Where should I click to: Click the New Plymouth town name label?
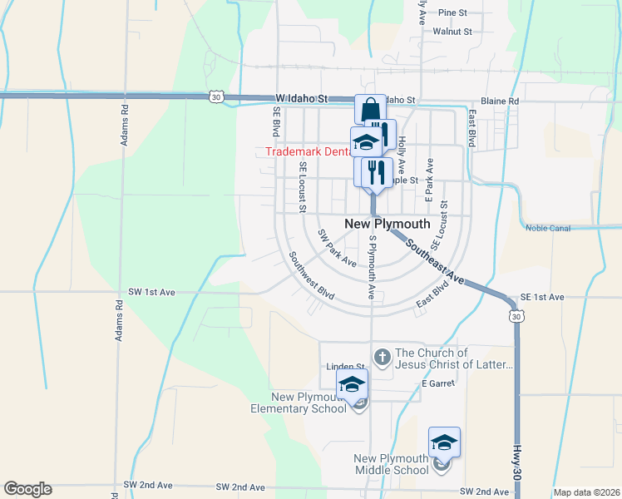[387, 224]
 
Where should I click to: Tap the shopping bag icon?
[369, 111]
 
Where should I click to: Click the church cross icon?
[382, 358]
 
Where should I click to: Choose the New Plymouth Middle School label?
[391, 464]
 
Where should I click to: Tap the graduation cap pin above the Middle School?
[444, 442]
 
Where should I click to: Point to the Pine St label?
[453, 12]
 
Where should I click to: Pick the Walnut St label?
[452, 32]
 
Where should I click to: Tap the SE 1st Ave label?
[542, 297]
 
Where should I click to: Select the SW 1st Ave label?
[153, 292]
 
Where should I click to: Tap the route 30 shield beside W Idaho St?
[216, 97]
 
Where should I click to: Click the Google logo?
[27, 489]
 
